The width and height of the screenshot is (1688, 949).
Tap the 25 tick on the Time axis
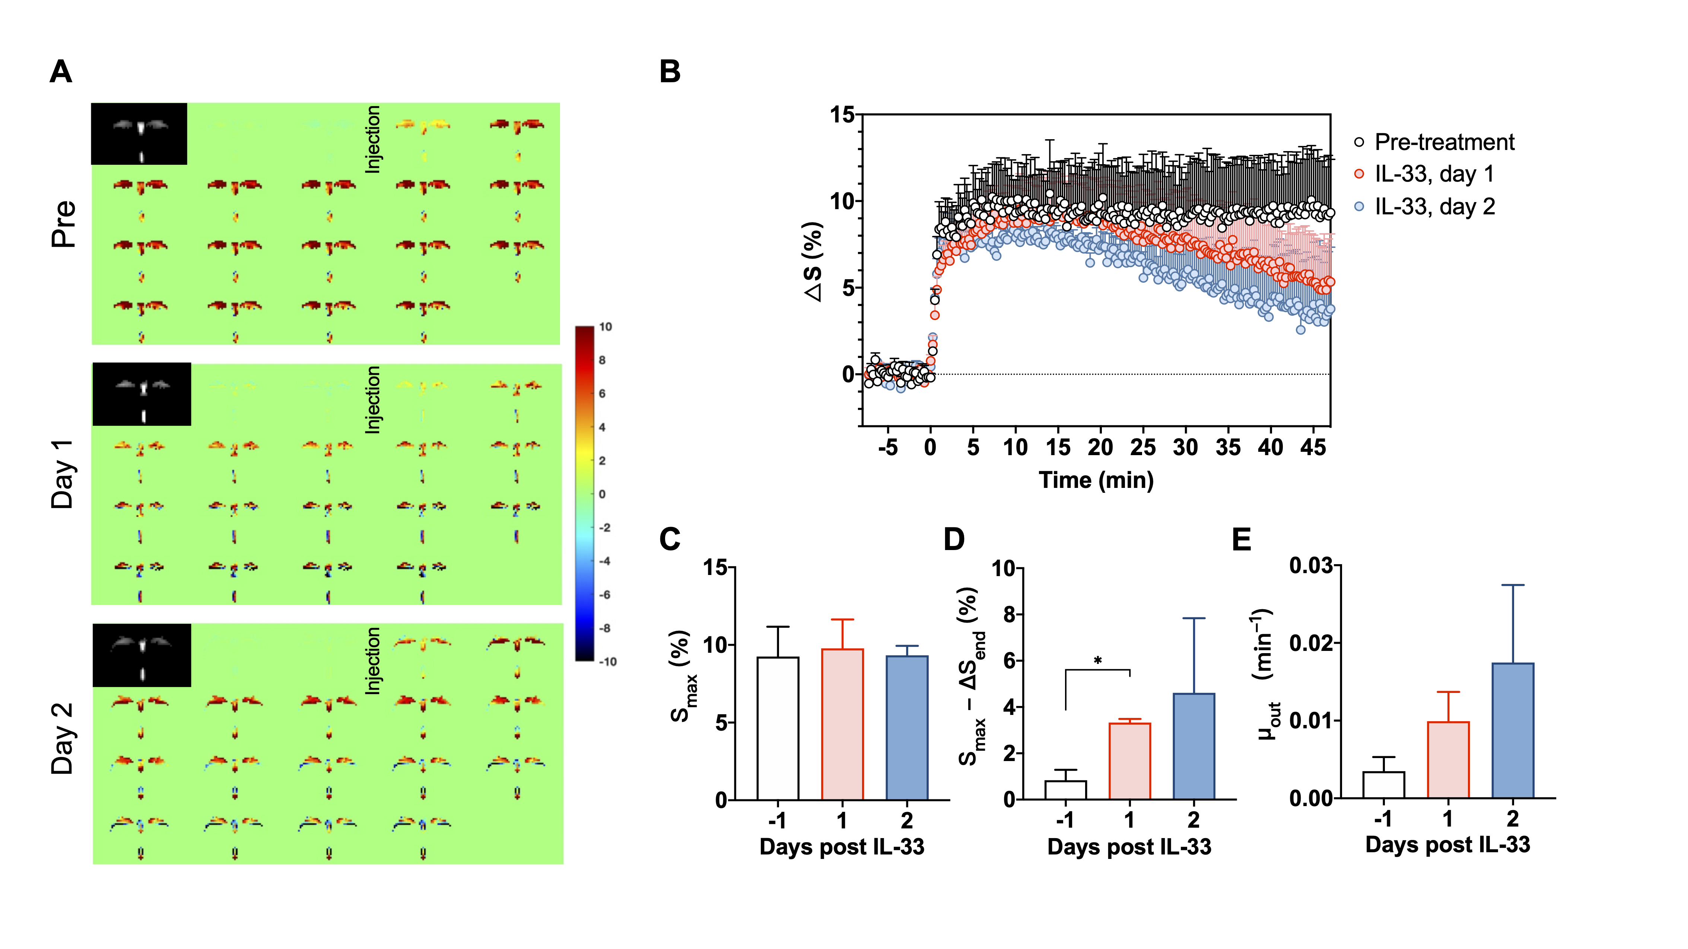(1143, 448)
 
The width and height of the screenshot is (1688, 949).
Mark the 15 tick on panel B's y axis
(843, 115)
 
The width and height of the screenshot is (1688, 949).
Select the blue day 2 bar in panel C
(906, 727)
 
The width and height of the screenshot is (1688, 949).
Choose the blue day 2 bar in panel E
(1512, 730)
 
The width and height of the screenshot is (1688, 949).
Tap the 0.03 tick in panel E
(1310, 565)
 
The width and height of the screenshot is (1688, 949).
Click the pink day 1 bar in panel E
(1448, 760)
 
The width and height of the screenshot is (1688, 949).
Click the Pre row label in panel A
(64, 224)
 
